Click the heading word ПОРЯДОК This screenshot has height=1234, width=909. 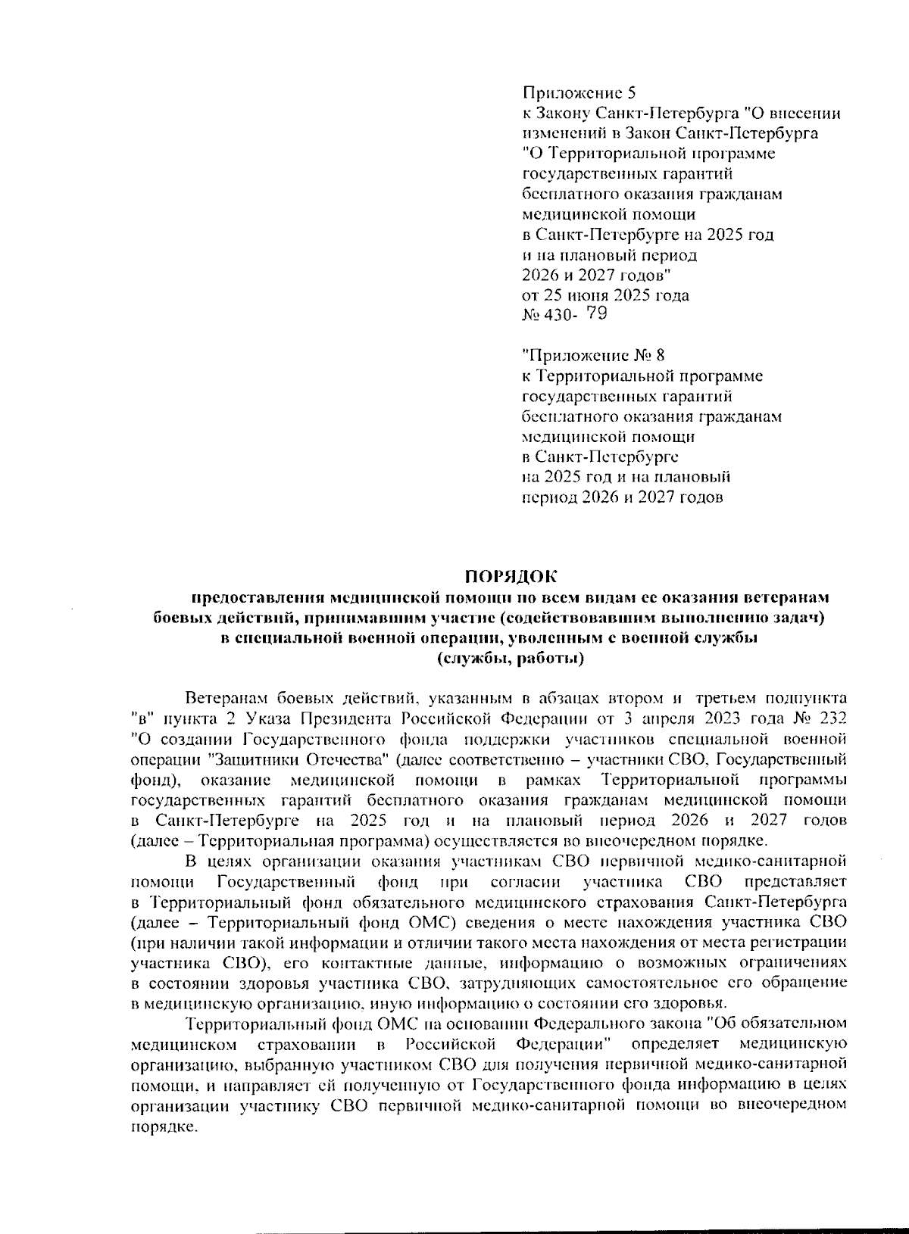click(x=504, y=578)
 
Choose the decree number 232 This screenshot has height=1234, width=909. click(x=832, y=715)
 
